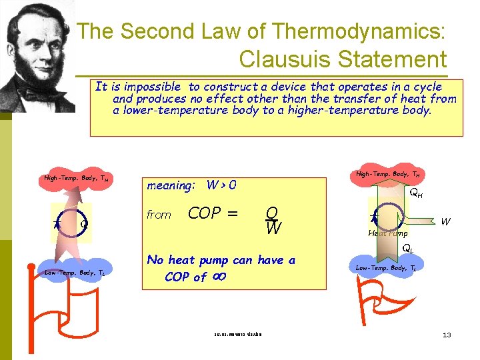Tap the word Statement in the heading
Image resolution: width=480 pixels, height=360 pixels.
pyautogui.click(x=391, y=59)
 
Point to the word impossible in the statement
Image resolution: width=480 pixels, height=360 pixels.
pyautogui.click(x=154, y=87)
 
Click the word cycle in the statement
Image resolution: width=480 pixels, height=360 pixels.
pyautogui.click(x=427, y=87)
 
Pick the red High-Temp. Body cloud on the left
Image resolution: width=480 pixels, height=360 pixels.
pyautogui.click(x=76, y=179)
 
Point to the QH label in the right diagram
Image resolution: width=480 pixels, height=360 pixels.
pyautogui.click(x=415, y=193)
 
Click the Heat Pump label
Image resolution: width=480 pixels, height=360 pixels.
pyautogui.click(x=387, y=233)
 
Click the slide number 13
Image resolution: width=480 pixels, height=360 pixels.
pyautogui.click(x=447, y=335)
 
